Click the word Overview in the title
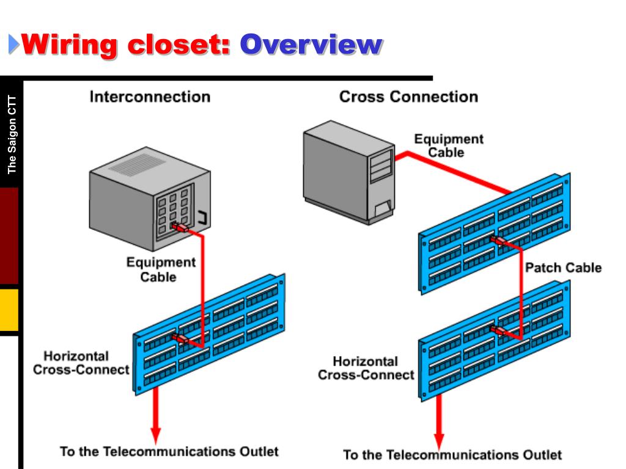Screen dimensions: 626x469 311,45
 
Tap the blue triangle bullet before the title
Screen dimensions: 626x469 13,44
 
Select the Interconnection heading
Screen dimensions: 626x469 150,97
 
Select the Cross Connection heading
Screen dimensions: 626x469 408,97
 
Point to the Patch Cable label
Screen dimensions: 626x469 563,267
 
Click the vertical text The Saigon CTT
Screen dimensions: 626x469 12,134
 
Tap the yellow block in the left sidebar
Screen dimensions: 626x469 9,310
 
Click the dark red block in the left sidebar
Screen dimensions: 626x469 9,236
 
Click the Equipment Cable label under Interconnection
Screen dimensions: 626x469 161,269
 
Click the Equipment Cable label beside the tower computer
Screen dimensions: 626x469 448,145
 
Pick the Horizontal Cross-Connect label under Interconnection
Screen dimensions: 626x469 81,363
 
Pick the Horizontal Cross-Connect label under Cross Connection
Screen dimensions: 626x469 366,368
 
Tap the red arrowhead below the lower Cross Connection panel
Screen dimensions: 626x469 439,441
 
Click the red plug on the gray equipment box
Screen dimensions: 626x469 180,228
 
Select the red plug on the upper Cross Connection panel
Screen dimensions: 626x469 498,241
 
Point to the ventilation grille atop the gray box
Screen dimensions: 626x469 138,164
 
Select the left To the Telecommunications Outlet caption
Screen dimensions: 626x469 169,451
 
